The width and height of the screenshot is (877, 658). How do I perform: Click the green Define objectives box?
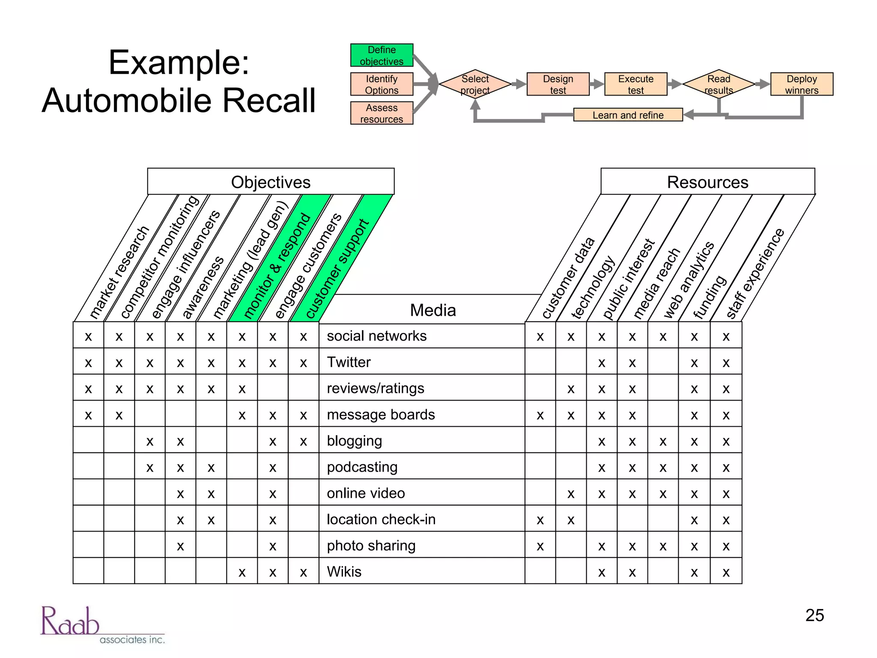382,55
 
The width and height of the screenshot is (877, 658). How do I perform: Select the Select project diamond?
475,84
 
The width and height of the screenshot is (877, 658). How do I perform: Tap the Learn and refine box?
627,115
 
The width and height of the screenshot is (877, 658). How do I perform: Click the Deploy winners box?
801,84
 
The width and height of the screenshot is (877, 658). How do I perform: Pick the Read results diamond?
718,84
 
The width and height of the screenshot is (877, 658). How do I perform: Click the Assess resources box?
382,113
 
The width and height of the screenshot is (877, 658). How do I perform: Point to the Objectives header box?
271,182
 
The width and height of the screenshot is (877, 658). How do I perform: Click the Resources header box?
707,182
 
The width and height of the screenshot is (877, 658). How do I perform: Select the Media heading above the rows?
433,310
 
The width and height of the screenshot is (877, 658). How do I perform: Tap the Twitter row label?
349,362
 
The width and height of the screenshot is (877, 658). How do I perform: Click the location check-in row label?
381,520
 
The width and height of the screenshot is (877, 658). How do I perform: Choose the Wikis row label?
344,572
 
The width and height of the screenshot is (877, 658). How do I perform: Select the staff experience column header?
756,274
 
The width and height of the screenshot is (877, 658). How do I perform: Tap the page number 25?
814,615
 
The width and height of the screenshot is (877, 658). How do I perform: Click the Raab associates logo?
102,625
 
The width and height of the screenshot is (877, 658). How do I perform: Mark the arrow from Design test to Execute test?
597,84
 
